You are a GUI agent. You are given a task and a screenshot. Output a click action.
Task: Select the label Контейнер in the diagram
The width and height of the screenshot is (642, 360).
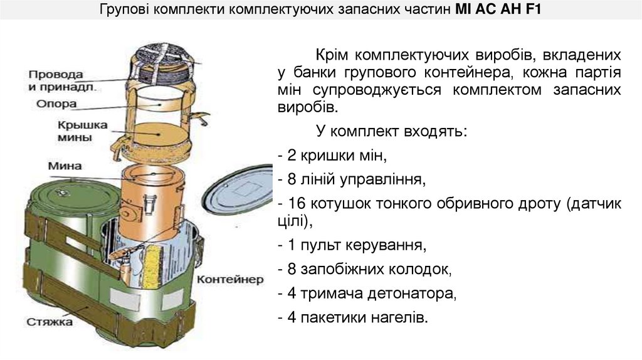pyautogui.click(x=230, y=279)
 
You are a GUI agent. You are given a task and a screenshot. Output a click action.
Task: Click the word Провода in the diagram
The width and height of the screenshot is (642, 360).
pyautogui.click(x=56, y=73)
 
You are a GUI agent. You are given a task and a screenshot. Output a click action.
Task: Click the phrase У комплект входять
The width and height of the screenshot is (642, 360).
pyautogui.click(x=391, y=132)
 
